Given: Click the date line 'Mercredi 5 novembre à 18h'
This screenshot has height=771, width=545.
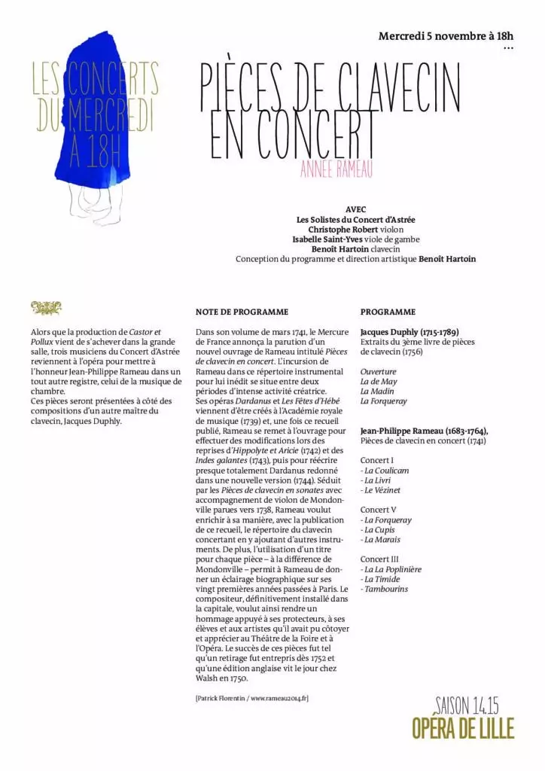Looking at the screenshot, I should click(x=445, y=35).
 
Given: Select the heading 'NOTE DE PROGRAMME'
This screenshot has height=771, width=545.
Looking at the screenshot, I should click(x=241, y=312).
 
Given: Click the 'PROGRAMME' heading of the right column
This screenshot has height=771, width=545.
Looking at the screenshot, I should click(x=388, y=312).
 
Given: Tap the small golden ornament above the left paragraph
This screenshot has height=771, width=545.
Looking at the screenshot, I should click(x=47, y=307).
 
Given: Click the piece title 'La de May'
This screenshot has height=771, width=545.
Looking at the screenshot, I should click(x=378, y=381).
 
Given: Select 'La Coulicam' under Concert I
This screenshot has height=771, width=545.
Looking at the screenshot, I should click(x=385, y=470).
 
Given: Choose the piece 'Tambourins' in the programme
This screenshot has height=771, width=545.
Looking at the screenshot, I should click(x=384, y=589).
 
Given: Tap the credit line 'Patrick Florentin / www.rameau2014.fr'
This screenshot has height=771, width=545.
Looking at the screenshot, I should click(x=251, y=698).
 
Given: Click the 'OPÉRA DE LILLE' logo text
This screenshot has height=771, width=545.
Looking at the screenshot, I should click(x=463, y=728).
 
